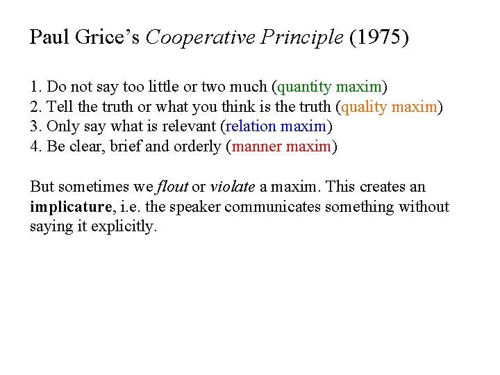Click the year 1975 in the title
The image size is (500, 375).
click(x=379, y=37)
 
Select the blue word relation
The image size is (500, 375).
click(x=251, y=127)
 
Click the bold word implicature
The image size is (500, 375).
click(x=69, y=207)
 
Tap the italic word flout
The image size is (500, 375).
click(x=172, y=187)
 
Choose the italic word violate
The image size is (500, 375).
click(x=233, y=187)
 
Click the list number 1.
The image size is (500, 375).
click(x=35, y=87)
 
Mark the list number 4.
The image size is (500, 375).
click(x=35, y=147)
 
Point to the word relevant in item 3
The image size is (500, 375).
click(x=189, y=127)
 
